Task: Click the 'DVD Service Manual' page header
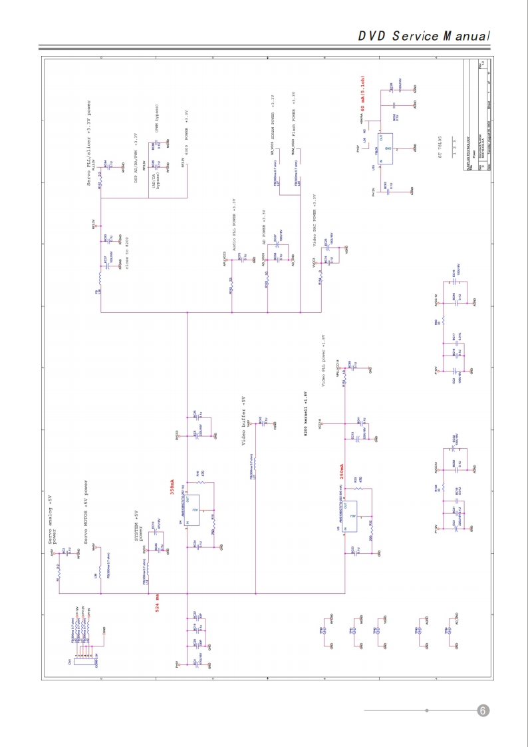[424, 36]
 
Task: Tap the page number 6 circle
[483, 710]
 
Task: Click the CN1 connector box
[78, 660]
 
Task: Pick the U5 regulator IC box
[354, 517]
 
